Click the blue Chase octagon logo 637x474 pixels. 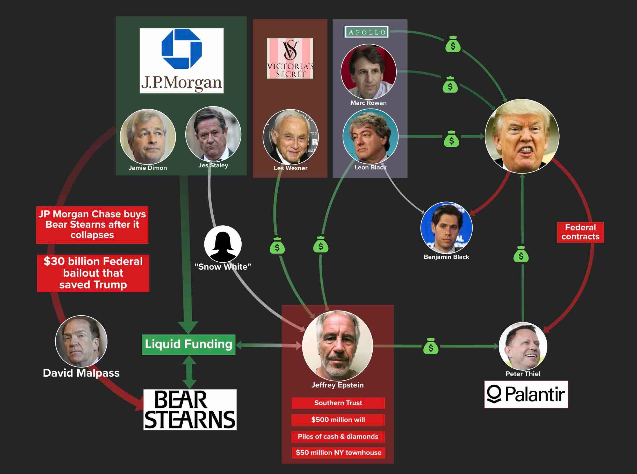[x=182, y=49]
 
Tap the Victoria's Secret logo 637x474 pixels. [x=290, y=59]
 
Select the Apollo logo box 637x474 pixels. [x=367, y=32]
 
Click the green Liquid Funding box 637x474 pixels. [x=189, y=344]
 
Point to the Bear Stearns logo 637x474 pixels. [x=190, y=410]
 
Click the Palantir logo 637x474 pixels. [x=526, y=394]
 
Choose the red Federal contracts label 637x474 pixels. [x=580, y=232]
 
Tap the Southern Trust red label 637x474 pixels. [x=338, y=403]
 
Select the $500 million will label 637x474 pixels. [x=338, y=420]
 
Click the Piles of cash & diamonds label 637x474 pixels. [x=338, y=437]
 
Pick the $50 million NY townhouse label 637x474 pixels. [x=338, y=453]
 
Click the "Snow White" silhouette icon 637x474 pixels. [x=223, y=244]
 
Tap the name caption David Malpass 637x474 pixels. [x=81, y=373]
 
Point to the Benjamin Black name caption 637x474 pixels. [x=446, y=257]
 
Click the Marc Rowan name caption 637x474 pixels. [x=368, y=103]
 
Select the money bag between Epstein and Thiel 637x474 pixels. [x=431, y=346]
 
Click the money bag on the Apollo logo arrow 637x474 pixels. [x=453, y=45]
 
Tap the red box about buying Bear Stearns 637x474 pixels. [x=92, y=225]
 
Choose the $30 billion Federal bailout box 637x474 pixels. [x=93, y=273]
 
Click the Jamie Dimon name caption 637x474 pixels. [x=148, y=168]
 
